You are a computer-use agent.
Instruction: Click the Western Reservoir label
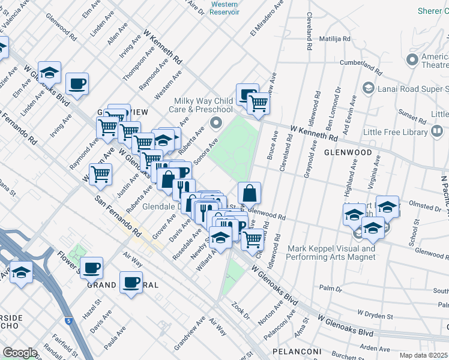pos(225,8)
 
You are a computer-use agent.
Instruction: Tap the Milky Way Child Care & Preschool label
pos(203,105)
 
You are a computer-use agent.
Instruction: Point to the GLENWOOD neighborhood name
pos(348,152)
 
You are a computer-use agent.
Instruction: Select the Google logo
pos(20,352)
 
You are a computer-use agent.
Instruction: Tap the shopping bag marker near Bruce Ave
pos(249,194)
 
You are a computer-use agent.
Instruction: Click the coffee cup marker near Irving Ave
pos(77,84)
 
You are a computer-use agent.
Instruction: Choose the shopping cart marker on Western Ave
pos(100,175)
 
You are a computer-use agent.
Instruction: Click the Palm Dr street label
pos(331,287)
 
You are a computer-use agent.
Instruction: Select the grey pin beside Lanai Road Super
pos(368,88)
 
